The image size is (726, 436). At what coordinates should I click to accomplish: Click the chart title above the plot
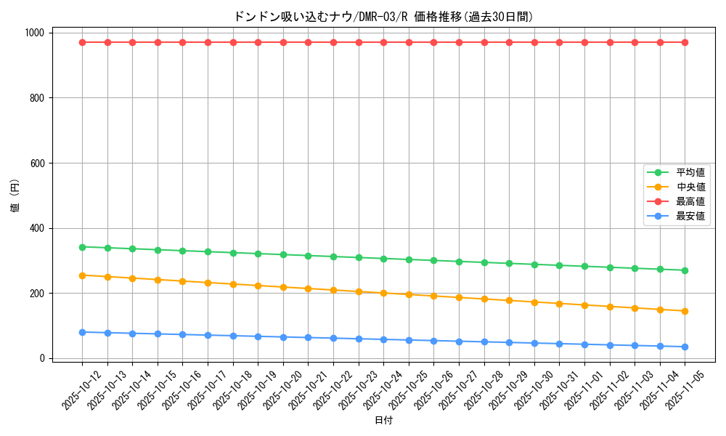coord(383,17)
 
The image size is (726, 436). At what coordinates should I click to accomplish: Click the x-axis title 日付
coord(383,421)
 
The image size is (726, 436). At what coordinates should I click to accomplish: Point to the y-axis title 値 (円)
coord(15,196)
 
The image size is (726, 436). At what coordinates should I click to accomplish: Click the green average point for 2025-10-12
coord(82,247)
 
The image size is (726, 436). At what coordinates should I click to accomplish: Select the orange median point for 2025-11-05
coord(685,311)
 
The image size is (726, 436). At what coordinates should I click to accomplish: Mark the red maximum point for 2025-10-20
coord(283,42)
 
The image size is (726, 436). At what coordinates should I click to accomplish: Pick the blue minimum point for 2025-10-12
coord(82,332)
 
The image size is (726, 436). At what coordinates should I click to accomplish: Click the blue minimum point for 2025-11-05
coord(685,347)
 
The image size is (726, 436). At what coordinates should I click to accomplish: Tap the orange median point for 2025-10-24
coord(383,293)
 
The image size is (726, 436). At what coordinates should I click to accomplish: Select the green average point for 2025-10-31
coord(559,265)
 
